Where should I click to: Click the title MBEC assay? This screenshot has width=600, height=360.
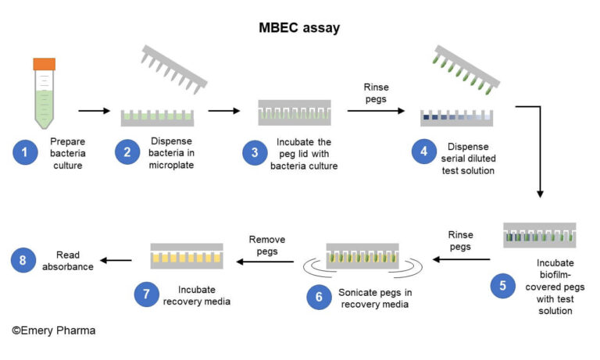[299, 28]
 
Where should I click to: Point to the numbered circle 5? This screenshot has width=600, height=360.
[502, 286]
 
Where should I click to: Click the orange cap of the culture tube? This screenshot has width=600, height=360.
[44, 65]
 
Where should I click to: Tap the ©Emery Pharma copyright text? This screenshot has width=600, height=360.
[53, 330]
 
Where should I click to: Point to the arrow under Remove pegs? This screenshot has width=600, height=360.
[267, 262]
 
